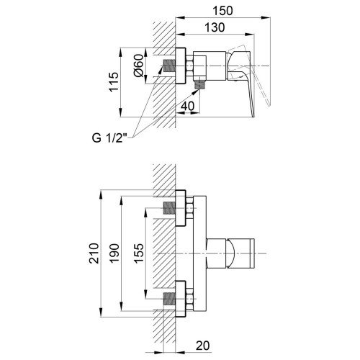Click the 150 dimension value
tap(223, 11)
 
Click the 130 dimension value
tap(215, 27)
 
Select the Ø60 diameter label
tap(139, 66)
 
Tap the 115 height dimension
tap(114, 82)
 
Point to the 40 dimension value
tap(187, 106)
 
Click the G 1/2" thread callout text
tap(109, 138)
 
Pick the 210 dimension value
tap(94, 253)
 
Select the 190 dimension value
tap(114, 253)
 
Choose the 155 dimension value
tap(139, 253)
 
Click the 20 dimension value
tap(203, 346)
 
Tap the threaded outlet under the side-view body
tap(199, 86)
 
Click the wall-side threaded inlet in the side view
tap(169, 66)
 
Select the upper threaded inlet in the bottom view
tap(169, 208)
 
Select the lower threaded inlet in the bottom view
tap(169, 299)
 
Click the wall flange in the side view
tap(181, 66)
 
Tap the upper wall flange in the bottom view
tap(181, 208)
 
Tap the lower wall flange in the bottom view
tap(181, 299)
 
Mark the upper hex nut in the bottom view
tap(189, 208)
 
